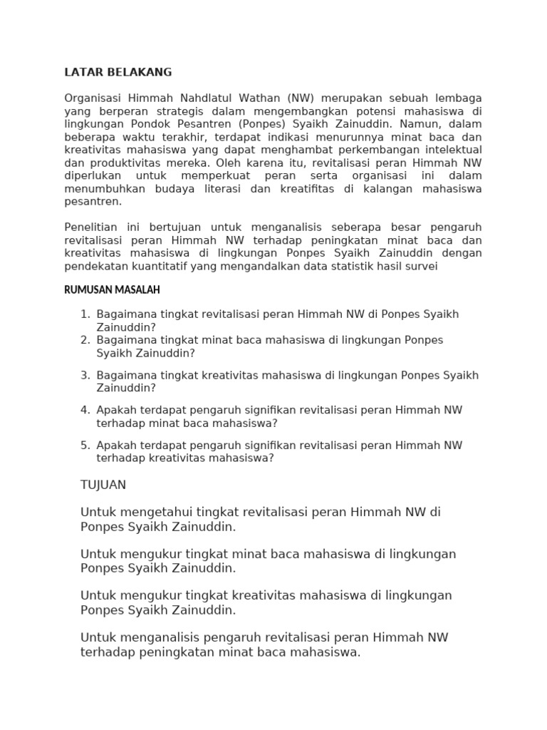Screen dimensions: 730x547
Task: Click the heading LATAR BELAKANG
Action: coord(118,73)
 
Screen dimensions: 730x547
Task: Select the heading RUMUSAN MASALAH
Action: coord(112,289)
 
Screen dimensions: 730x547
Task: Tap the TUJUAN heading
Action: coord(103,485)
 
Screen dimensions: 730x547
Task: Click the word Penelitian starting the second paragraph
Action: coord(93,227)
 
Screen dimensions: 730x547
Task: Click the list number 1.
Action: coord(85,314)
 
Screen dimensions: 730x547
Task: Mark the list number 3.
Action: coord(85,375)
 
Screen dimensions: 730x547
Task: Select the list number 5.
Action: coord(85,446)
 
